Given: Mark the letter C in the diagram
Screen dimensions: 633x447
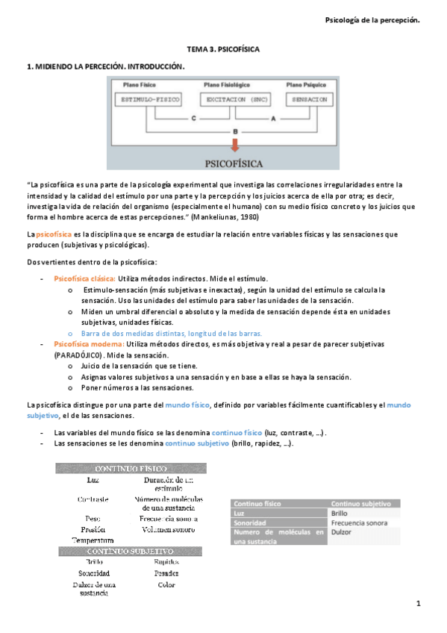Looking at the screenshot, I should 193,119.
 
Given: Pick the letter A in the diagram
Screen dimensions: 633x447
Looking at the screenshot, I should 272,119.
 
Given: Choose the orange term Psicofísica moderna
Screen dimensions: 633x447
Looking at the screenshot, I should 84,346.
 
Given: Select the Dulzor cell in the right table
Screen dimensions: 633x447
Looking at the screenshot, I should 340,532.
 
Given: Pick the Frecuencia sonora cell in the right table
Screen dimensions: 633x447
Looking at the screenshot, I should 359,523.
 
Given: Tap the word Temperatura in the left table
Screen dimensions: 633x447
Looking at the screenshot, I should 93,539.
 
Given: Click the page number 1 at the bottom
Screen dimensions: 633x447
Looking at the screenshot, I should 419,603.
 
